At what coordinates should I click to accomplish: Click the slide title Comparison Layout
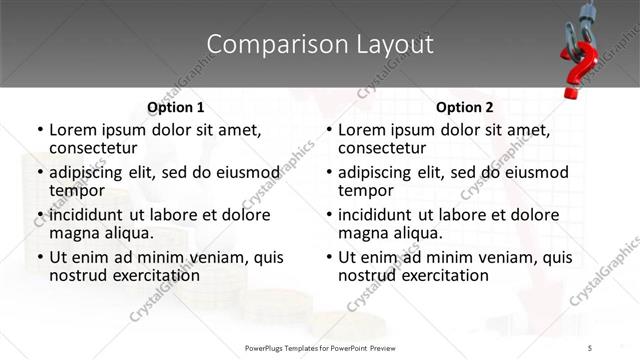click(320, 44)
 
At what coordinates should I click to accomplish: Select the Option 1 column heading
click(176, 107)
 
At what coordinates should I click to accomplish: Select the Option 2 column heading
click(465, 107)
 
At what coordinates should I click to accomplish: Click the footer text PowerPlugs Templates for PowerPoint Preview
click(321, 347)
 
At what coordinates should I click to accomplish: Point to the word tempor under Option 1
click(77, 190)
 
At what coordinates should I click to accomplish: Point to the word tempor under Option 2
click(366, 190)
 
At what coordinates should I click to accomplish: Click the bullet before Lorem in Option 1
click(39, 130)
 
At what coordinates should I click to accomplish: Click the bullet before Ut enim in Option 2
click(328, 257)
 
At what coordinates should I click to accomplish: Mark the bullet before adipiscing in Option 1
click(39, 173)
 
